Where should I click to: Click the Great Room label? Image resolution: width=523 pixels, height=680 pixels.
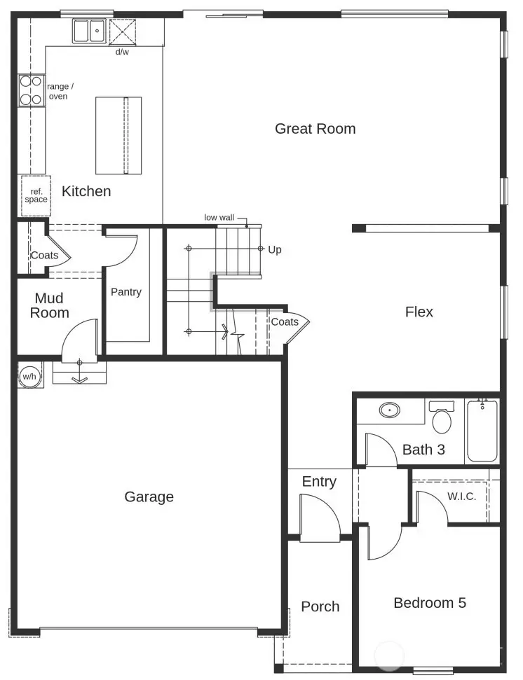[x=315, y=129]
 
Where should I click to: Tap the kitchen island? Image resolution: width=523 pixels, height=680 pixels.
[x=118, y=136]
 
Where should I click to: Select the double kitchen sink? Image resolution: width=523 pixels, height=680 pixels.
[x=89, y=32]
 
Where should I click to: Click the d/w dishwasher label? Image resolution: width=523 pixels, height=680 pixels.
[x=122, y=52]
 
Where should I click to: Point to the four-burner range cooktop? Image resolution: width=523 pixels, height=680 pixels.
[x=31, y=90]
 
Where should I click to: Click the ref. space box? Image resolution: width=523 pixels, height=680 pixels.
[x=36, y=195]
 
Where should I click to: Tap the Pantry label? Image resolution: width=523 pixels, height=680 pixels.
[x=126, y=292]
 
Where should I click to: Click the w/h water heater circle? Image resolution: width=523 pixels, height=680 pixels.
[x=29, y=376]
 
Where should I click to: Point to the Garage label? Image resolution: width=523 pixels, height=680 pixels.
[x=149, y=497]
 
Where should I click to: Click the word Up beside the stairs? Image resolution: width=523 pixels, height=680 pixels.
[x=275, y=249]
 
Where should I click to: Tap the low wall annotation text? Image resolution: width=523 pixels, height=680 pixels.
[x=219, y=218]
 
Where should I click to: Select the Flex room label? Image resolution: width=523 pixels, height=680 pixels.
[x=419, y=312]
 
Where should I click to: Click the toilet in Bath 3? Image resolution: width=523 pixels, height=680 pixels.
[x=442, y=419]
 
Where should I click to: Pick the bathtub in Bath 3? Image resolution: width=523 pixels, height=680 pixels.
[x=482, y=430]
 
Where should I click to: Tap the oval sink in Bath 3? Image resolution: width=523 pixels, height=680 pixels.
[x=390, y=410]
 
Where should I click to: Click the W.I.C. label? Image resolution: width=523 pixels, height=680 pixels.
[x=461, y=497]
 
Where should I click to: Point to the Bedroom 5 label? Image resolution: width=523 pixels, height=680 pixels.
[x=429, y=603]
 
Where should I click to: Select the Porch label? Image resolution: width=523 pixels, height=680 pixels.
[x=320, y=606]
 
